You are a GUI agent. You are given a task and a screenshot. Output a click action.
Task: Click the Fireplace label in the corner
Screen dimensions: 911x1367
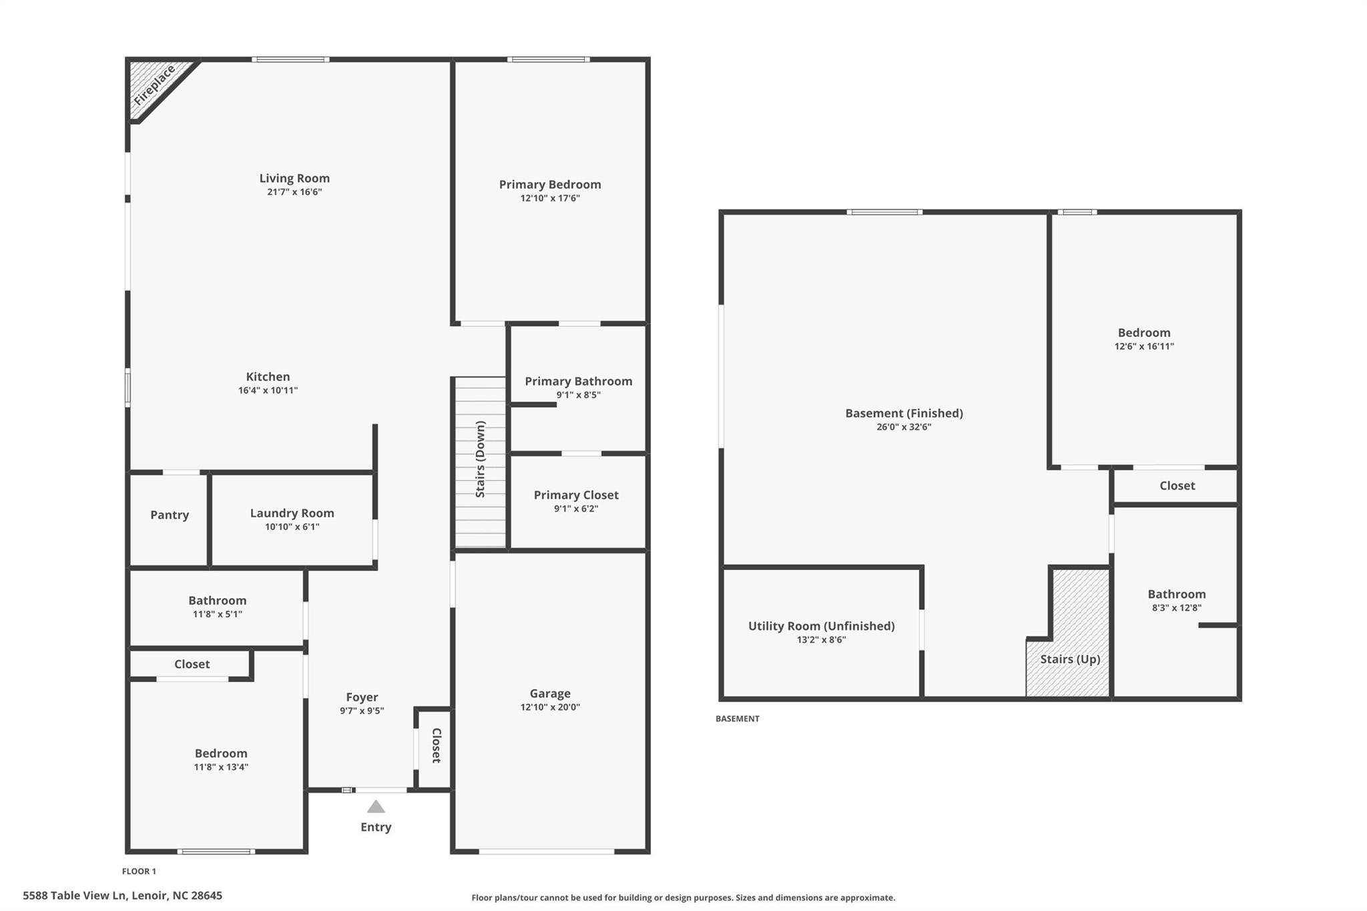[154, 85]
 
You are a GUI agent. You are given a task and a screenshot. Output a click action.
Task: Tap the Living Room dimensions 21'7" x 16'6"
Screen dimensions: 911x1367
[294, 192]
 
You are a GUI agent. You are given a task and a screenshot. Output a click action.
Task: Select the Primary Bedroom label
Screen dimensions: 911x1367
[550, 184]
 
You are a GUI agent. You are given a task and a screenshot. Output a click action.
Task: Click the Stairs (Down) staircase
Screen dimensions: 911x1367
[481, 461]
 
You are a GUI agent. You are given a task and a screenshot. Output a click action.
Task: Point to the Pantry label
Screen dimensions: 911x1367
[170, 515]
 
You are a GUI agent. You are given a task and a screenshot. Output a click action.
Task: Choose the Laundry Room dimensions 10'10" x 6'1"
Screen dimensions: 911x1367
[292, 527]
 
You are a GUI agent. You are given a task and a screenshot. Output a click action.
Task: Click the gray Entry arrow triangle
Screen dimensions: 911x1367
[376, 807]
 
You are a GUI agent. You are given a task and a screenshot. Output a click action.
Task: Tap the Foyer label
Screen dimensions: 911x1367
[362, 697]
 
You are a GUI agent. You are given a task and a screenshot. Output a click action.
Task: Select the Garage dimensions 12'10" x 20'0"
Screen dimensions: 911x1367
[550, 707]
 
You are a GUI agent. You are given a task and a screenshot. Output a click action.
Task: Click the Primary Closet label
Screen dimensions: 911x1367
[576, 495]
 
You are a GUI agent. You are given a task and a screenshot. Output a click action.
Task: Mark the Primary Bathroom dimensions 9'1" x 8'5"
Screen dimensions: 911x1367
[578, 395]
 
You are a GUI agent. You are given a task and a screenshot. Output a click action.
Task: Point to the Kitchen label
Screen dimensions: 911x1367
[268, 376]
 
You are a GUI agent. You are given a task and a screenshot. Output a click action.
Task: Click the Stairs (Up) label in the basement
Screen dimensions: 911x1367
[1070, 659]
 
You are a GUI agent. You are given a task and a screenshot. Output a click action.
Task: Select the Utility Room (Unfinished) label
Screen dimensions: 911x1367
[821, 625]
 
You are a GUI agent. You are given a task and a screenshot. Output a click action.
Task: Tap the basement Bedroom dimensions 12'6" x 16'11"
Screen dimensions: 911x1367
[1144, 346]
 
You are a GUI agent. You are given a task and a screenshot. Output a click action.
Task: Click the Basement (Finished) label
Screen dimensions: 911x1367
[904, 413]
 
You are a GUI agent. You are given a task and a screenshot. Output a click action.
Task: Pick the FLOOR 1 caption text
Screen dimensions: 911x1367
[139, 871]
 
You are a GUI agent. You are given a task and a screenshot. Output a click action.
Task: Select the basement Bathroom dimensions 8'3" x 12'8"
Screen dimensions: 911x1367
[1176, 608]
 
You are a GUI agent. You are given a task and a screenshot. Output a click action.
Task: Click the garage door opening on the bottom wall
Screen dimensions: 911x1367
[547, 851]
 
